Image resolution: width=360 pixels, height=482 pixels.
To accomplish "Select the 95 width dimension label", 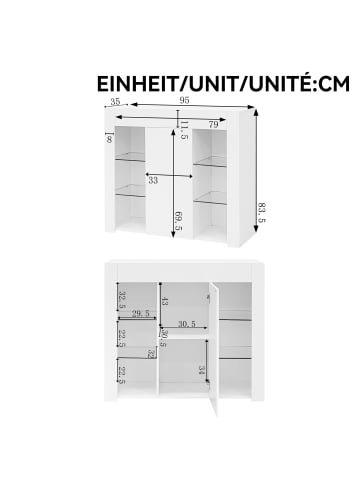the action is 184,100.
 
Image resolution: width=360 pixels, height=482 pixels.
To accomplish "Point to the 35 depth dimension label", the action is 115,101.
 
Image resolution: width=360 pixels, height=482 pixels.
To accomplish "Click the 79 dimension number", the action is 213,125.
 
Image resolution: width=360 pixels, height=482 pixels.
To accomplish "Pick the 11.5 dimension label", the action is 184,130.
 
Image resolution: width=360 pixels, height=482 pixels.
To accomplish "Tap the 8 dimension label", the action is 109,140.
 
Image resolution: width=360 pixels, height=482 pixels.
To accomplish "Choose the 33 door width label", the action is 153,181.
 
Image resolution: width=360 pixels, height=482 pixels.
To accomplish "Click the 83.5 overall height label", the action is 262,213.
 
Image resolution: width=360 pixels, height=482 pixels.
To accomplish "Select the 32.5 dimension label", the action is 122,300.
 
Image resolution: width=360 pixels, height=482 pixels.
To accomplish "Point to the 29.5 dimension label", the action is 140,313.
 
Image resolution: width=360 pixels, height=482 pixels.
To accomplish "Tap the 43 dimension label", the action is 165,302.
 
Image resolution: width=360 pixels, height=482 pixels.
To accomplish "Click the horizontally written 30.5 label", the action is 187,324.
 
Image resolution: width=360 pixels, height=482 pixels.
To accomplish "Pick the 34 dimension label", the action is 201,370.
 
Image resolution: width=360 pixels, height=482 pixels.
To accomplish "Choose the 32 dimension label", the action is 152,354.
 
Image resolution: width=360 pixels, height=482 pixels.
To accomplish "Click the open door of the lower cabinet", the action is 214,348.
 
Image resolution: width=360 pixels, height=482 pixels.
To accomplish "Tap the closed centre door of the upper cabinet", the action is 169,182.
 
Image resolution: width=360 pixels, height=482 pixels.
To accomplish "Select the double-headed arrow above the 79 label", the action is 171,118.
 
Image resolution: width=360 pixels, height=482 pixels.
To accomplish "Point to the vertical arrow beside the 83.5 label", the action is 256,171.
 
